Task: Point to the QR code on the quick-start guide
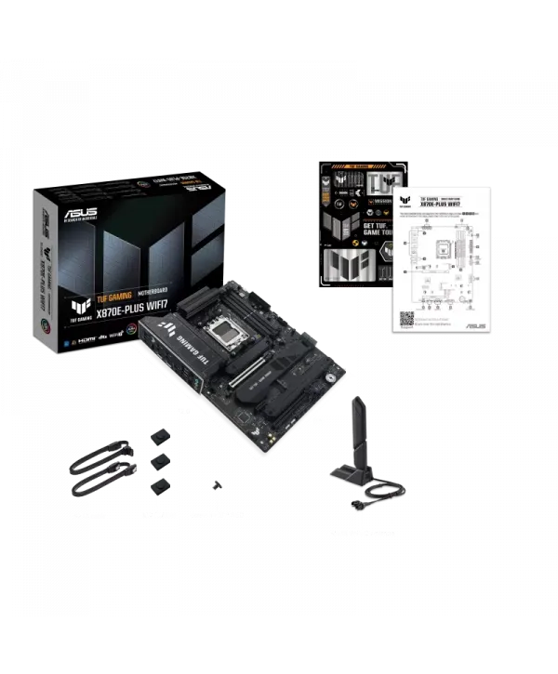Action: tap(407, 316)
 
